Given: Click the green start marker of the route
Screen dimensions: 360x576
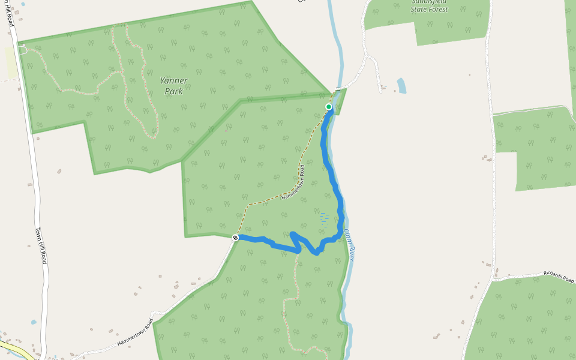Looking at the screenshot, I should click(x=329, y=107).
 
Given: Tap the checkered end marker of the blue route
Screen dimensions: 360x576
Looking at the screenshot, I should click(x=236, y=238).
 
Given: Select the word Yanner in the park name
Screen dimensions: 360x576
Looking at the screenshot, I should click(x=174, y=80).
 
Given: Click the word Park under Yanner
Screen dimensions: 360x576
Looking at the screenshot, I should click(x=174, y=92).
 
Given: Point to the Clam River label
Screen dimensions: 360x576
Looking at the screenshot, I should click(x=350, y=244).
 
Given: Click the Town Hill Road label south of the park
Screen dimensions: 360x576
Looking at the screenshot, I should click(x=41, y=246).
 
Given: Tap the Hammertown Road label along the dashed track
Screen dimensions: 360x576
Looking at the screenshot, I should click(x=293, y=188).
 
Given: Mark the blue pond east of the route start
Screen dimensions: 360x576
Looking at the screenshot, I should click(x=401, y=86).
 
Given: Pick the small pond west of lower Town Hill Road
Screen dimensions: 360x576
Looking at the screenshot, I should click(x=34, y=322).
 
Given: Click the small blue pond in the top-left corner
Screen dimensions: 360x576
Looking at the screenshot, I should click(x=23, y=4).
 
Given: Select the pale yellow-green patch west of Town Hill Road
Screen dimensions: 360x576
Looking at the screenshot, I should click(x=11, y=63).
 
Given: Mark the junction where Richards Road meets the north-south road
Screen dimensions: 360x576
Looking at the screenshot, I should click(x=494, y=280).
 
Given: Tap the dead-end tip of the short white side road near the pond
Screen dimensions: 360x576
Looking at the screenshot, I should click(x=382, y=91).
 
